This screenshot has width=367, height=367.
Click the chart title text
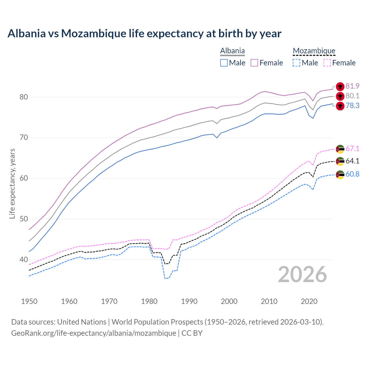click(144, 34)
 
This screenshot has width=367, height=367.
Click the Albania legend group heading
click(232, 51)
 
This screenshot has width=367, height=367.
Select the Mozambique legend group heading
click(314, 51)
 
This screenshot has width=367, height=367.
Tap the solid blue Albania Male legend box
click(224, 63)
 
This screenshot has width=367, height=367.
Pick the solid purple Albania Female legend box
click(254, 63)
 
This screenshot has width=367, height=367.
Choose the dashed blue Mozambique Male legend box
click(296, 63)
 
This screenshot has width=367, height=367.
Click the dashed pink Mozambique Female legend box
click(327, 63)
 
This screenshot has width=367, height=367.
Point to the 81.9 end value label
click(352, 86)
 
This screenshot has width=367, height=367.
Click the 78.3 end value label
click(352, 106)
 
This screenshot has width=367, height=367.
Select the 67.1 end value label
click(352, 149)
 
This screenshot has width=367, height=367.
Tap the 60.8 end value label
click(352, 174)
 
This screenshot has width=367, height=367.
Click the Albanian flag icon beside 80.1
click(340, 96)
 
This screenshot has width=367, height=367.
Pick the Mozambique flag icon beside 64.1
click(340, 161)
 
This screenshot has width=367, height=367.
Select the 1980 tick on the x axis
click(149, 301)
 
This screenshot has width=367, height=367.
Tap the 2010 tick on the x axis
click(269, 301)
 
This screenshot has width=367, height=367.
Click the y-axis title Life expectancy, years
click(12, 183)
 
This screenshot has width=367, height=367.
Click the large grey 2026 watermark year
click(302, 274)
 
